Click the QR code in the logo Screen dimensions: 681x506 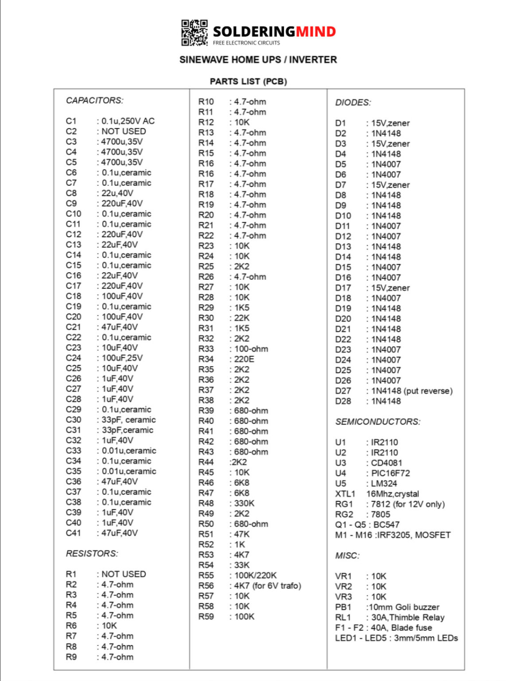coord(194,32)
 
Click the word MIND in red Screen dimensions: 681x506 coord(315,31)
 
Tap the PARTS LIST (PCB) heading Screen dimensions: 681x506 coord(248,82)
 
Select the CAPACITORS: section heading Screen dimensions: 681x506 coord(94,101)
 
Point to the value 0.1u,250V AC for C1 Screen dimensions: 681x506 coord(128,121)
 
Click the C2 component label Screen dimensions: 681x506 coord(71,131)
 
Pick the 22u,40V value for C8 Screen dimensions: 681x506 coord(117,193)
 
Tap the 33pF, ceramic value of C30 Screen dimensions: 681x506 coord(128,420)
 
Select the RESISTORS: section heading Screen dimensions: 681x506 coord(92,554)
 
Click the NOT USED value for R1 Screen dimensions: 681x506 coord(124,574)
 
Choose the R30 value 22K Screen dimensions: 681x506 coord(242,318)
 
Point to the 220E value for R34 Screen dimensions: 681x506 coord(244,359)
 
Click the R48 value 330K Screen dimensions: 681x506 coord(244,503)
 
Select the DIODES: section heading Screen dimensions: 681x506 coord(353,103)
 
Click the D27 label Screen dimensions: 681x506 coord(343,391)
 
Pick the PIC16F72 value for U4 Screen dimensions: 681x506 coord(390,473)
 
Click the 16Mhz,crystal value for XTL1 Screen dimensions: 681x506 coord(393,494)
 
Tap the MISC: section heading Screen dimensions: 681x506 coord(347,556)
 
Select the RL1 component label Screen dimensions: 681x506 coord(343,618)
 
